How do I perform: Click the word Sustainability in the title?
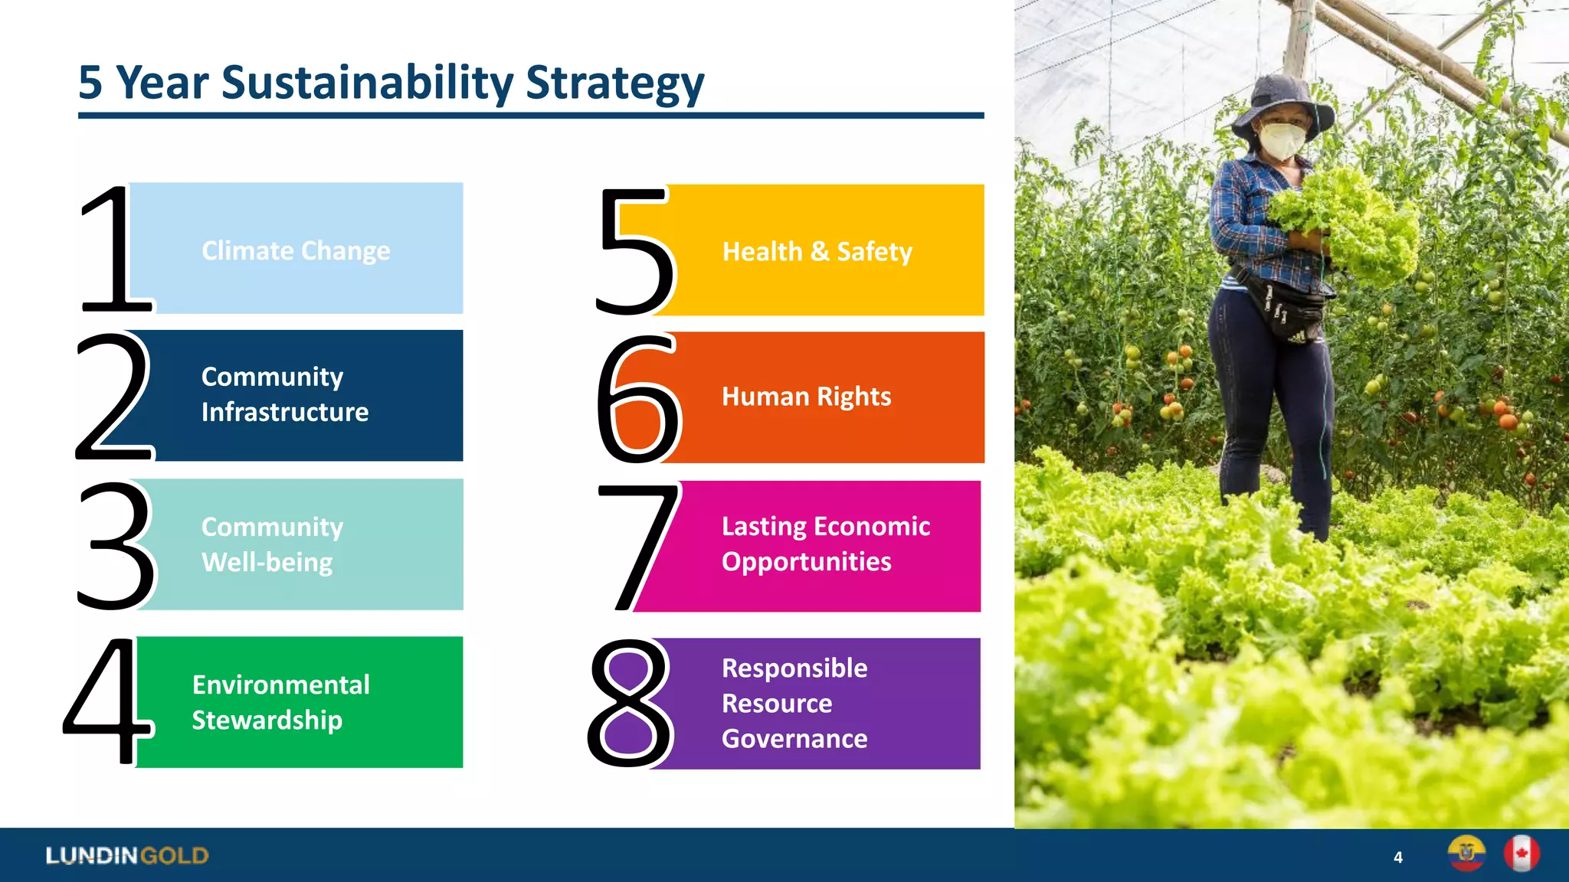(367, 83)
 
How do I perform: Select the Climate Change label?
(296, 251)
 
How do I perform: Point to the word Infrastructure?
(285, 413)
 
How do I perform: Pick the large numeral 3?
(117, 545)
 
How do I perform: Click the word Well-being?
(267, 563)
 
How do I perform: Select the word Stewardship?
(267, 720)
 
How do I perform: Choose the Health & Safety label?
(817, 252)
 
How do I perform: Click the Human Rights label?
(807, 397)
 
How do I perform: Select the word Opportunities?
(807, 562)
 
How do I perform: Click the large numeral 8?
(630, 704)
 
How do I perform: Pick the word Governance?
(794, 739)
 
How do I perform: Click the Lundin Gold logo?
(127, 855)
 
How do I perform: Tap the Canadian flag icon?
(1521, 854)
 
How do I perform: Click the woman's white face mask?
(1282, 141)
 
